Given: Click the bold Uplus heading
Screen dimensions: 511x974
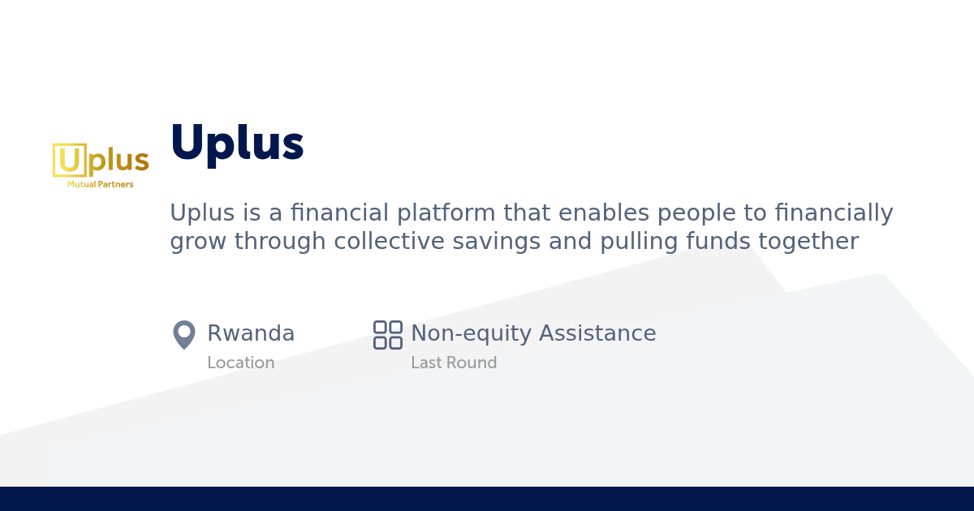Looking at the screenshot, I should tap(236, 144).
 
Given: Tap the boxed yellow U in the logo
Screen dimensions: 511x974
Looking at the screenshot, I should tap(70, 160).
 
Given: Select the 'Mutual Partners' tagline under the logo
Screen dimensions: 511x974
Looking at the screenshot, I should tap(101, 185).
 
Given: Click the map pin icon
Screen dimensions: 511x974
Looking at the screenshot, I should tap(184, 334).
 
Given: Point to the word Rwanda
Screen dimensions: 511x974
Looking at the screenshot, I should tap(251, 333).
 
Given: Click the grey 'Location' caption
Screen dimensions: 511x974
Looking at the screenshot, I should tap(240, 363).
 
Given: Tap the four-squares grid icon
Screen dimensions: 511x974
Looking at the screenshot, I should tap(388, 334).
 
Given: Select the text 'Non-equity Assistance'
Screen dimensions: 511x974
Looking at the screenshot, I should tap(533, 333).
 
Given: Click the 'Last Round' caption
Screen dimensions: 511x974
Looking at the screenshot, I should tap(454, 363).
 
